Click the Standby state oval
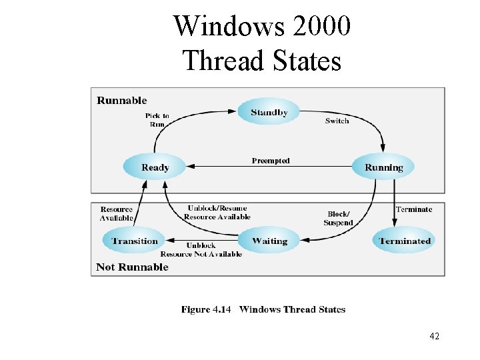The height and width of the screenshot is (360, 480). [269, 112]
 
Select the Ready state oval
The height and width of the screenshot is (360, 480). [155, 167]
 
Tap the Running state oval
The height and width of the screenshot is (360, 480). [383, 167]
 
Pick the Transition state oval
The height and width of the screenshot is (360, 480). [135, 241]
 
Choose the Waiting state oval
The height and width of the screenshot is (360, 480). [269, 241]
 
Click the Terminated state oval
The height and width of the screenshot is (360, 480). [405, 241]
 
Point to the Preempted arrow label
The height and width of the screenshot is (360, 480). [271, 161]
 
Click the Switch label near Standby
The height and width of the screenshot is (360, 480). [337, 121]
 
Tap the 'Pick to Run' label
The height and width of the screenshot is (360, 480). [157, 119]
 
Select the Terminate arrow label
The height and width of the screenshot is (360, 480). [413, 209]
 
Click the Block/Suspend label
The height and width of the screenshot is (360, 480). [338, 218]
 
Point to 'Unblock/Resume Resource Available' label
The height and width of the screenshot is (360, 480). [217, 212]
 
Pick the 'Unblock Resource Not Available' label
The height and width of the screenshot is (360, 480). [201, 249]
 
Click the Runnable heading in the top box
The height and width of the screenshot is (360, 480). [121, 101]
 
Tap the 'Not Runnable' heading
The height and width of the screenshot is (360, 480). [132, 267]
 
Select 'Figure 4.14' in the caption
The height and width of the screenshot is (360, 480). [205, 309]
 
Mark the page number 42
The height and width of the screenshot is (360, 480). [435, 336]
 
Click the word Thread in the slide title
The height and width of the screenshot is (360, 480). [223, 61]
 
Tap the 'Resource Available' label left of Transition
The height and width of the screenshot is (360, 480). [117, 213]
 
